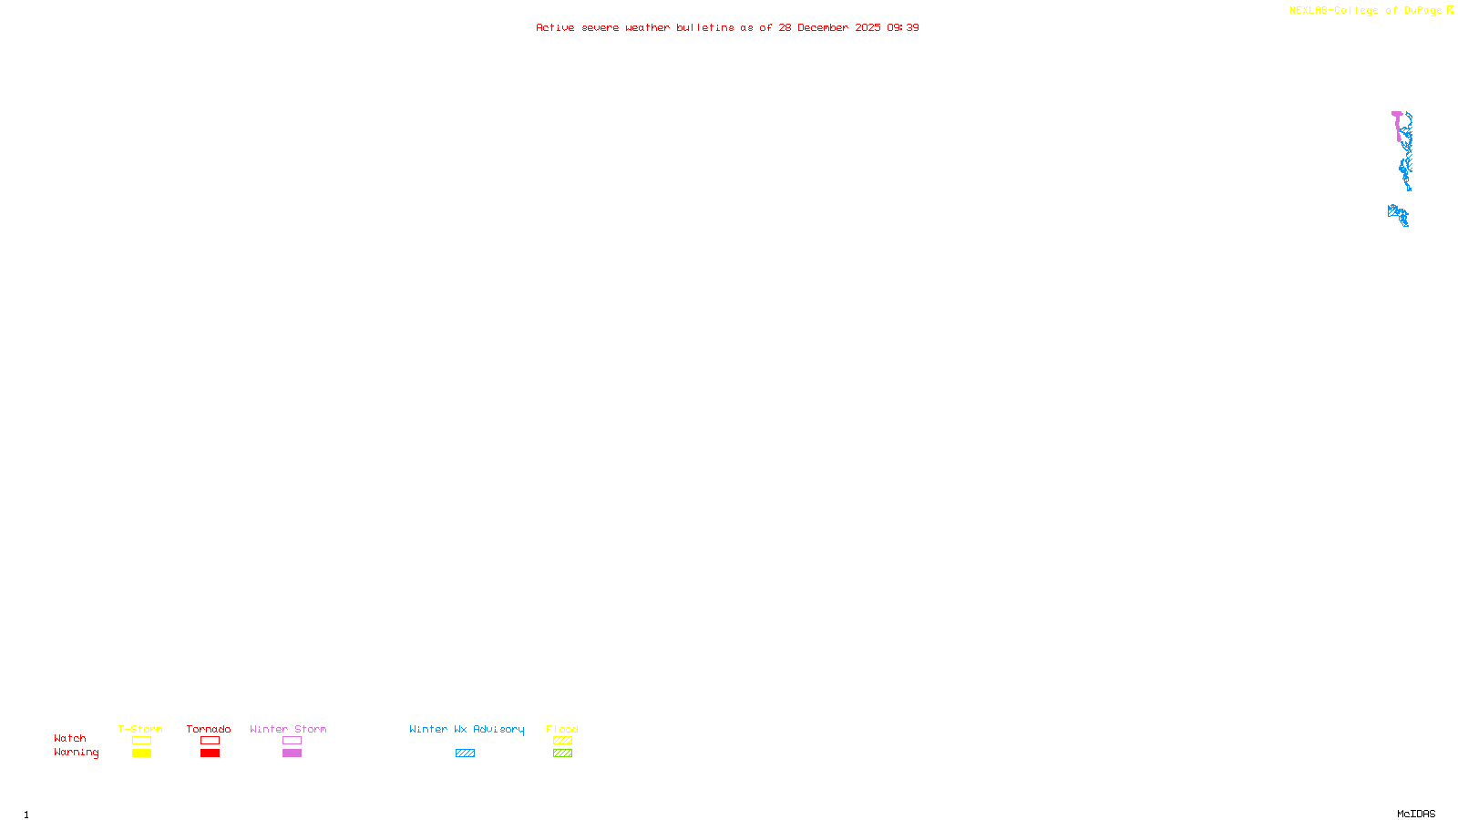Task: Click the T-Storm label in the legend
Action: click(x=140, y=729)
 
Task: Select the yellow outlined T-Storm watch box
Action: click(x=141, y=741)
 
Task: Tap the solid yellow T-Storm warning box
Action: click(x=141, y=753)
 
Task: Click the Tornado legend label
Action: click(x=209, y=729)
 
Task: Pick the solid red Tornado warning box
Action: click(x=210, y=753)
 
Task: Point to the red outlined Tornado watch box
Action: click(x=210, y=741)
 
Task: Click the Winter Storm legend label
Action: click(x=288, y=729)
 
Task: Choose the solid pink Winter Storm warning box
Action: click(x=292, y=753)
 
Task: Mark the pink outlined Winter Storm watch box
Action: click(x=292, y=741)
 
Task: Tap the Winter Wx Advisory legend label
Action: click(x=467, y=729)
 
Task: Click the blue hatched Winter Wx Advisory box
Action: click(x=465, y=753)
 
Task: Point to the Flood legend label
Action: click(x=562, y=729)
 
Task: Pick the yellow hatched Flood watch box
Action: click(x=562, y=741)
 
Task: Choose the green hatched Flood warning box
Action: click(x=562, y=753)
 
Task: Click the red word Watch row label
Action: click(x=70, y=738)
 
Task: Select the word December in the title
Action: click(x=823, y=27)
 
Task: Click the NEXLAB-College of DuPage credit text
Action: click(x=1365, y=10)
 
